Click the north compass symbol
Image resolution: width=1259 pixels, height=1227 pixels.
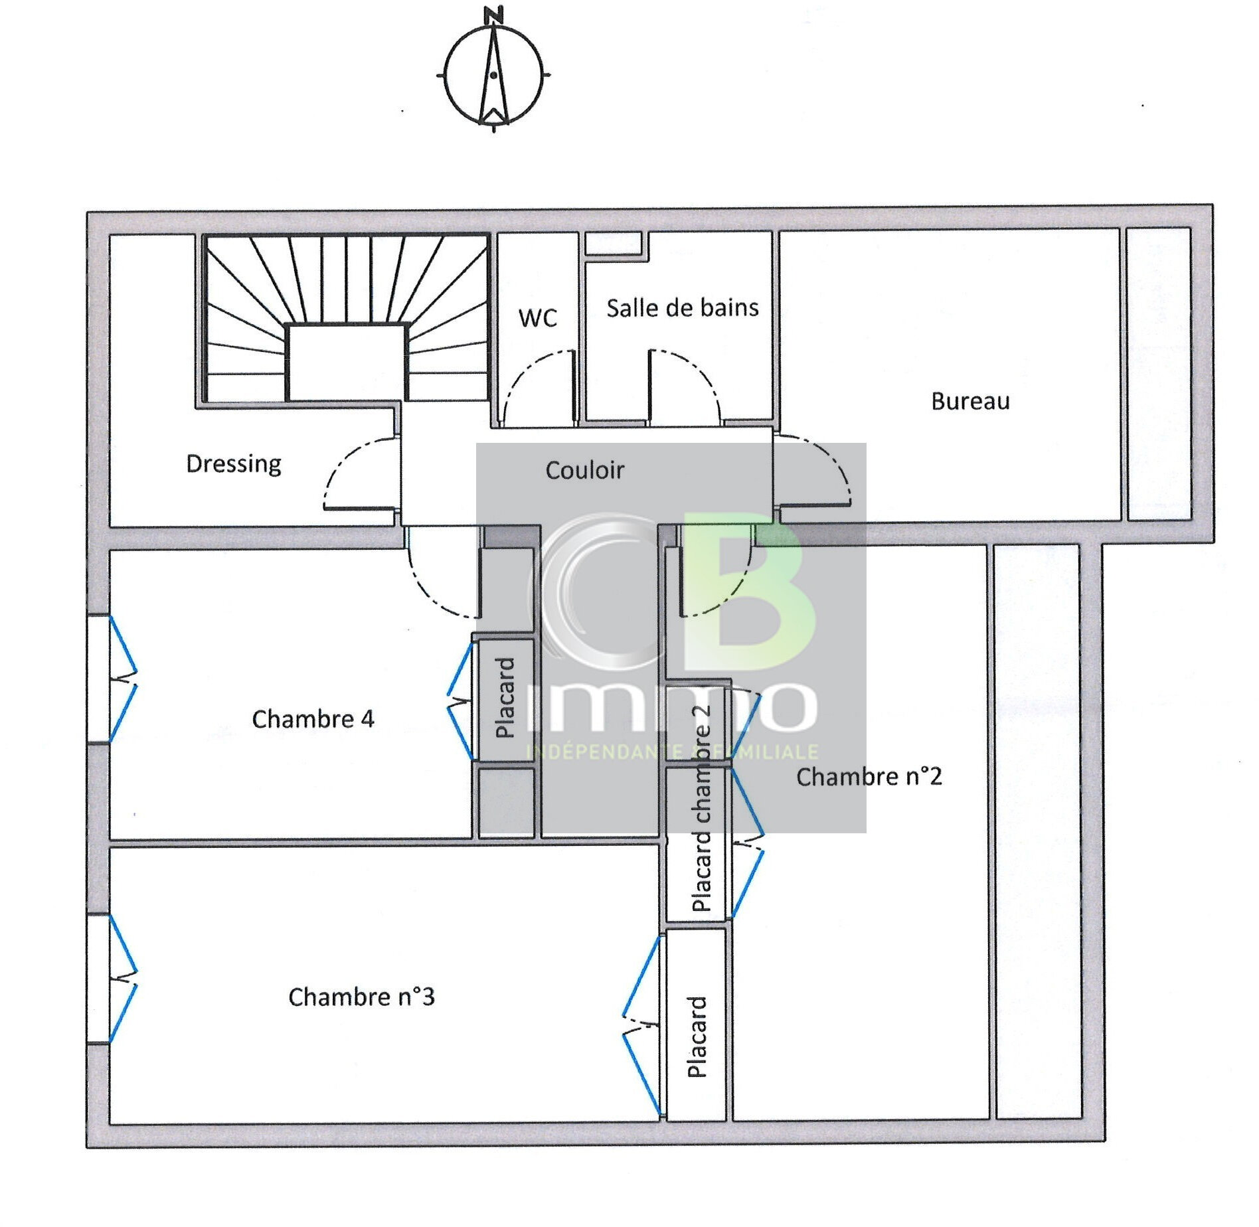[493, 76]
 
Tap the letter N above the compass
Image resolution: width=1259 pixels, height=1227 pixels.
[493, 15]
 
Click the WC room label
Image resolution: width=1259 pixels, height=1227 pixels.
[537, 318]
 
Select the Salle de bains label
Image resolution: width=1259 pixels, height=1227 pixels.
[682, 308]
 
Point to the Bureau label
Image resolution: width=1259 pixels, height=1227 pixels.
[970, 402]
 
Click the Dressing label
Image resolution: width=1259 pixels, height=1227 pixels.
[234, 463]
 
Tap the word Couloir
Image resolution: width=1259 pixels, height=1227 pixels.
[584, 470]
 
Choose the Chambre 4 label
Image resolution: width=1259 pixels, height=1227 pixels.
[313, 719]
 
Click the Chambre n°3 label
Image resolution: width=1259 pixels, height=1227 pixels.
[361, 997]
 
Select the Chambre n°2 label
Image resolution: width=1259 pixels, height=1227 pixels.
[869, 776]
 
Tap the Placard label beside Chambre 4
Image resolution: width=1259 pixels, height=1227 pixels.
[505, 698]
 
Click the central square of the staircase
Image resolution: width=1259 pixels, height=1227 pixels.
[346, 362]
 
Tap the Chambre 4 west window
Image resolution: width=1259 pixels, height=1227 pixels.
[100, 679]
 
